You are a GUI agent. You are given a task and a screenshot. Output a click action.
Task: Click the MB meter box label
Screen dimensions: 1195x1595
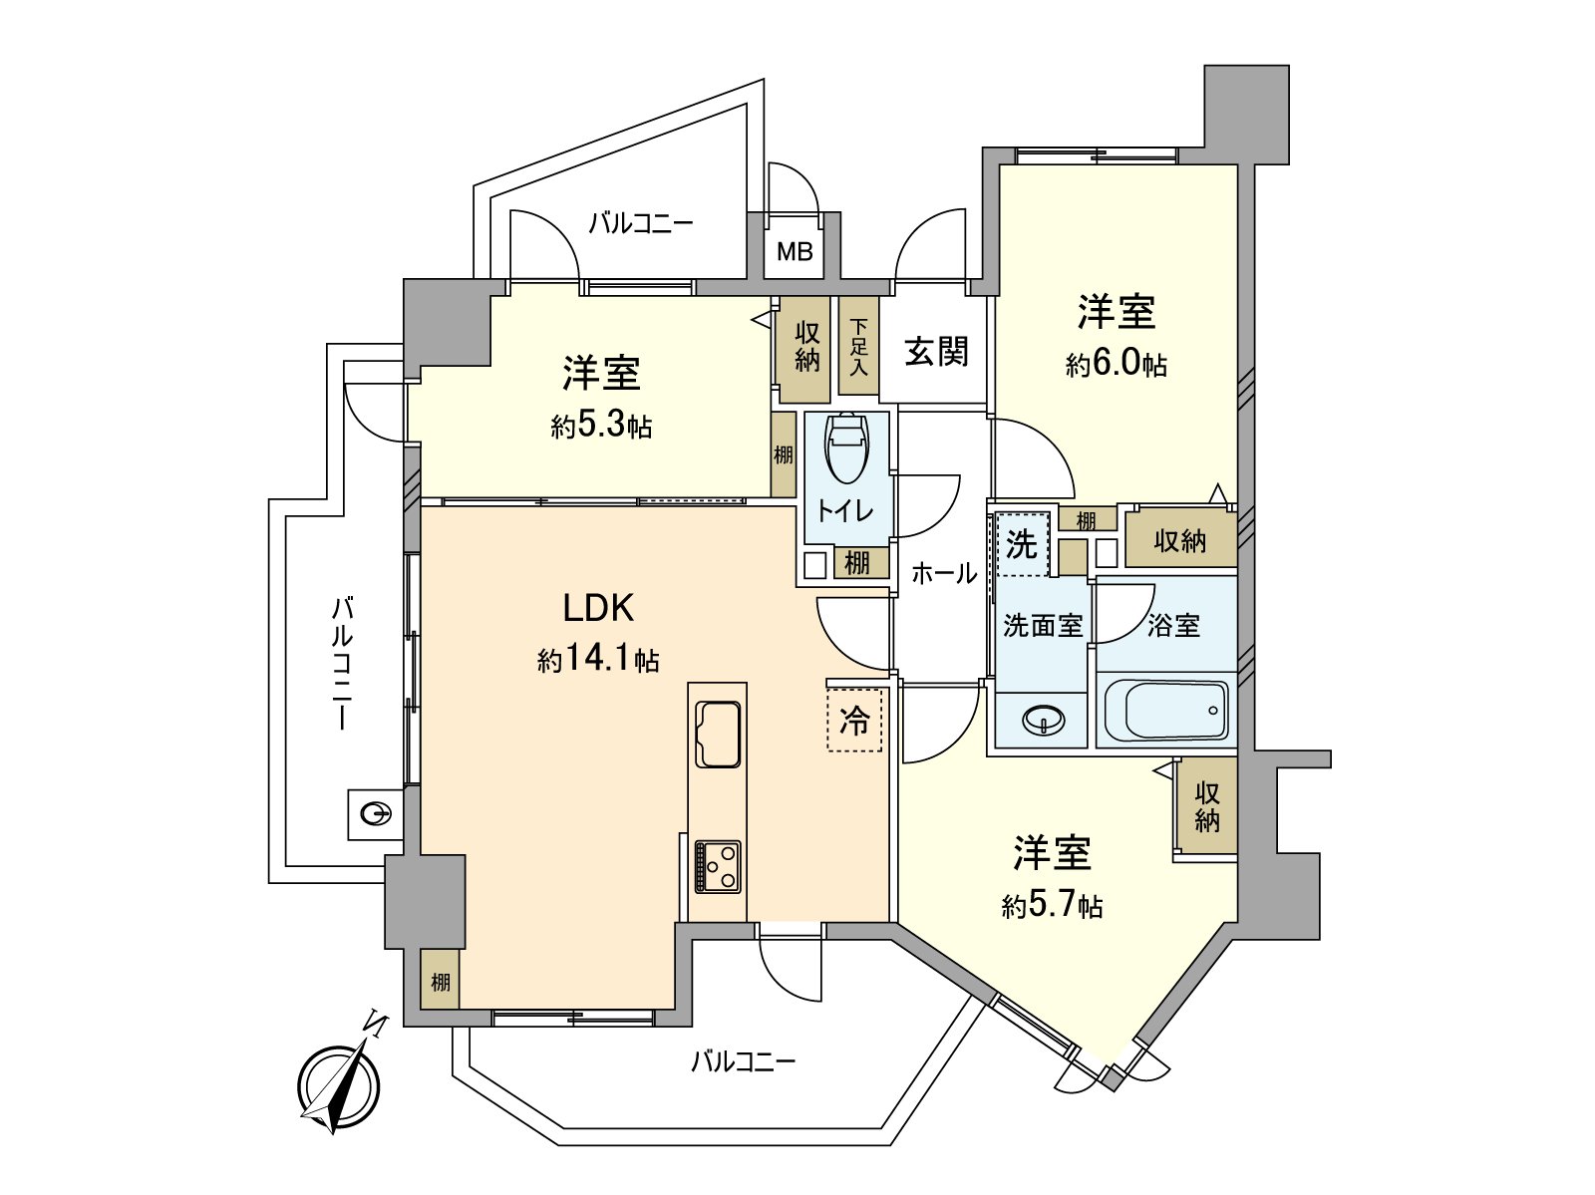click(795, 252)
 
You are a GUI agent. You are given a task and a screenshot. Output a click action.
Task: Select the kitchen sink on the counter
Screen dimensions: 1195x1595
click(718, 735)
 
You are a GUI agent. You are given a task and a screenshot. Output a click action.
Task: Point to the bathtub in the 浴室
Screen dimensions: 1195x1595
click(1166, 712)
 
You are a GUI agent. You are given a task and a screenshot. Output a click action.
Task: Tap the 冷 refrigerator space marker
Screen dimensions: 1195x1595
click(854, 720)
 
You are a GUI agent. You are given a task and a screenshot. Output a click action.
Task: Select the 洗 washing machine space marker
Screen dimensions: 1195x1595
click(1022, 544)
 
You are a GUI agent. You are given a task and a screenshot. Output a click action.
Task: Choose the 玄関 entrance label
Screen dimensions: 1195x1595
click(936, 351)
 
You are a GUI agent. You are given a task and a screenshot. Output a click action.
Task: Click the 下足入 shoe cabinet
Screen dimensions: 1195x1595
click(858, 347)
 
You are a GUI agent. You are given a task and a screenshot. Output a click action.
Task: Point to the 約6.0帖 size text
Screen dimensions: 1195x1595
click(1116, 364)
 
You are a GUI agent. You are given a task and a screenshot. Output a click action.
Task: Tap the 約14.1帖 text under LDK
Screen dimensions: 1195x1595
click(598, 659)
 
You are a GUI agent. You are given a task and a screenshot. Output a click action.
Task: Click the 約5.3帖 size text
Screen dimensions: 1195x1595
click(601, 426)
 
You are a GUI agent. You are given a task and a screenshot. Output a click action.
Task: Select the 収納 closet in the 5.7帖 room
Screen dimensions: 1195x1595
click(1207, 806)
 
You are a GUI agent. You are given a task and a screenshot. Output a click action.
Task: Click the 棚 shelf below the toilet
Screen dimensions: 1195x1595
click(856, 562)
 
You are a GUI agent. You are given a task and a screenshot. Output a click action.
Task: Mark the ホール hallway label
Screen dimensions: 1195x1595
click(943, 573)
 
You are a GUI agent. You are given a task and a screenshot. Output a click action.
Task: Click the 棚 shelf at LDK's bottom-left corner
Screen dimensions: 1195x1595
click(440, 981)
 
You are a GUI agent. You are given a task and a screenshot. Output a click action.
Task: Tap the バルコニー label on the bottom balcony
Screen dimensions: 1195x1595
click(744, 1061)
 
